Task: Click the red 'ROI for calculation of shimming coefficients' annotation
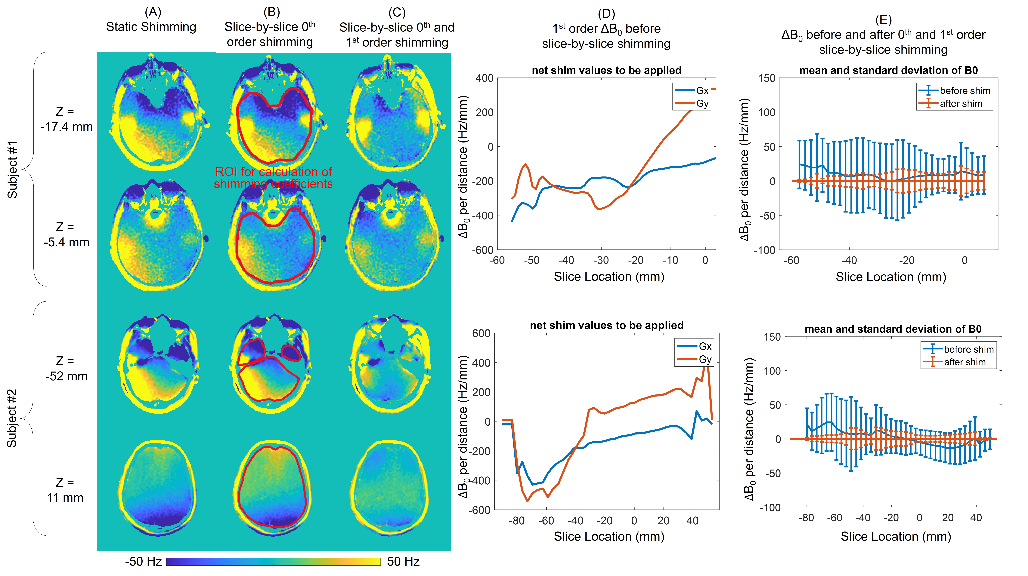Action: click(x=273, y=177)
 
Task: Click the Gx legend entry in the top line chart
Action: click(x=692, y=90)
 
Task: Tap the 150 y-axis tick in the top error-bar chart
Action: click(x=767, y=78)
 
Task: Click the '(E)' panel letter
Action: click(x=883, y=20)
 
